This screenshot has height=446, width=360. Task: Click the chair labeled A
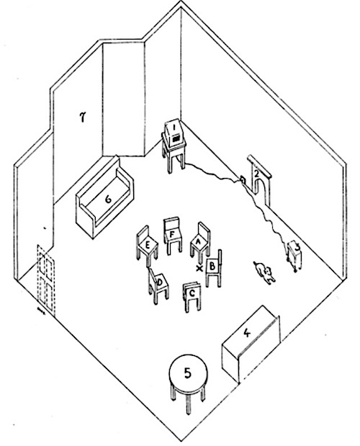coord(200,241)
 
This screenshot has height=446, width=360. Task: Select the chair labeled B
coord(213,268)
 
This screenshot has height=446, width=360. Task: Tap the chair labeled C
coord(192,296)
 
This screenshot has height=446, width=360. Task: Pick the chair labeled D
coord(158,285)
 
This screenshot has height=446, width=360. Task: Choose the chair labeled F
coord(173,235)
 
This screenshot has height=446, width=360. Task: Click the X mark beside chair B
coord(199,268)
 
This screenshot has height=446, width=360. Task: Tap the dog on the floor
coord(265,272)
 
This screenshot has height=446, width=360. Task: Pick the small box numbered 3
coord(294,254)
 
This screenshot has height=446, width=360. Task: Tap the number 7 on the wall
coord(83,117)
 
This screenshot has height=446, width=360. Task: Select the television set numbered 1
coord(174,145)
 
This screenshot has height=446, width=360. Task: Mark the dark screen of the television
coord(176,139)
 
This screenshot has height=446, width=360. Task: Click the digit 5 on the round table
coord(187,373)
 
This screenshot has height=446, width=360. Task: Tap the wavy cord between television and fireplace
coord(216,174)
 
